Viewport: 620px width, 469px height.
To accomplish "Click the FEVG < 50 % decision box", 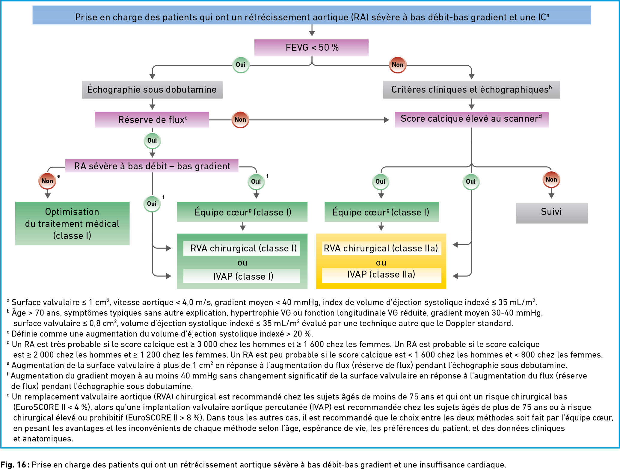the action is [x=311, y=48].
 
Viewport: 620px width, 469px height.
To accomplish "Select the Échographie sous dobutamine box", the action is [x=152, y=90].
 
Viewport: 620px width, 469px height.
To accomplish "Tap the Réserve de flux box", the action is [x=152, y=120].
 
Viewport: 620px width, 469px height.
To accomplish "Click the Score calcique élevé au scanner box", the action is [x=472, y=119].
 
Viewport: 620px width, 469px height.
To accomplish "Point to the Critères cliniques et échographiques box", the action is [x=471, y=90].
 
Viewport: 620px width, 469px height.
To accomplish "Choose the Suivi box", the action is [x=552, y=213].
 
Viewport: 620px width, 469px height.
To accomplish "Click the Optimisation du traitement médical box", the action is [x=72, y=224].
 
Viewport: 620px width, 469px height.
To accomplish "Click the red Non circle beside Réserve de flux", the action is [x=240, y=120].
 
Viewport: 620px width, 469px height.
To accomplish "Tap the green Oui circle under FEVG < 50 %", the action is [x=241, y=65].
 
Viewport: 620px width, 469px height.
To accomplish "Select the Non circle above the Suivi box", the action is [x=551, y=180].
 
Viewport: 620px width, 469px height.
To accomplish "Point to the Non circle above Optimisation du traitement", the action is [x=47, y=181].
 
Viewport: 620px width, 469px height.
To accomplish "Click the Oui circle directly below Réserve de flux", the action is [x=152, y=141].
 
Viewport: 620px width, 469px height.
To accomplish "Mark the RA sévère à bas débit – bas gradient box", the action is [x=152, y=166].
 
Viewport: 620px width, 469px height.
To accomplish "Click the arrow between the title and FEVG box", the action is [x=312, y=30].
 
